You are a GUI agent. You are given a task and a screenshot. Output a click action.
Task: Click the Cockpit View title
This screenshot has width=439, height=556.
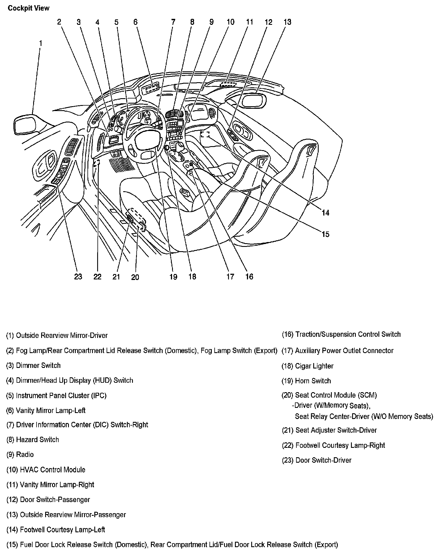coord(29,8)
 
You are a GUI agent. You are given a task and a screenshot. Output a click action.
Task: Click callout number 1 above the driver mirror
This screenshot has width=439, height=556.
coord(41,43)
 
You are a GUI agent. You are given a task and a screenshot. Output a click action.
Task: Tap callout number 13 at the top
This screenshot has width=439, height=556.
coord(287,22)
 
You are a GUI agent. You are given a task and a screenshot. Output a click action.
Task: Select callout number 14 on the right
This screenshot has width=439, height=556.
coord(326,213)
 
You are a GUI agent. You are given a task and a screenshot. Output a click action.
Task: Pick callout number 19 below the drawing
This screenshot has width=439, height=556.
coord(173,277)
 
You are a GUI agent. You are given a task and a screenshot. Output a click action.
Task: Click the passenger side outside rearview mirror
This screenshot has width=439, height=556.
coord(253,100)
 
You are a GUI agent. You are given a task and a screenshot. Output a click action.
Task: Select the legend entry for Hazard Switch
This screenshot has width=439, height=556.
coord(33,440)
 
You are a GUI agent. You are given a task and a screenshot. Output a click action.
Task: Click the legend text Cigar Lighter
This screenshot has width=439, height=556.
coord(308,366)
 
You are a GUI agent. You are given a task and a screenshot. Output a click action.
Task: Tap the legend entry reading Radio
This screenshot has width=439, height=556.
coord(20,454)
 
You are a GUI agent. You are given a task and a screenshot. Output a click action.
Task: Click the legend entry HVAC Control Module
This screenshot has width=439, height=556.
coord(46,470)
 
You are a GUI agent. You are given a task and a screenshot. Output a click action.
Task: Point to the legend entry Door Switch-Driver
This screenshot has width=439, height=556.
coord(316,460)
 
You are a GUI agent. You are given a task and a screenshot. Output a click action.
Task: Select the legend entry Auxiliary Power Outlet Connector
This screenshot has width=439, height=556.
coord(338,350)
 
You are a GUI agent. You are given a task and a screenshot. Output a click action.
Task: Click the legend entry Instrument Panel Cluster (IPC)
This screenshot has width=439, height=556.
coord(56,396)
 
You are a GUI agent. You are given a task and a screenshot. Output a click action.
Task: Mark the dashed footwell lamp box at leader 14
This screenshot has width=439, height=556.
coord(205,134)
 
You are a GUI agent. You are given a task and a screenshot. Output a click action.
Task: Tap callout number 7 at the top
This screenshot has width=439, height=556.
coord(173,22)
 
